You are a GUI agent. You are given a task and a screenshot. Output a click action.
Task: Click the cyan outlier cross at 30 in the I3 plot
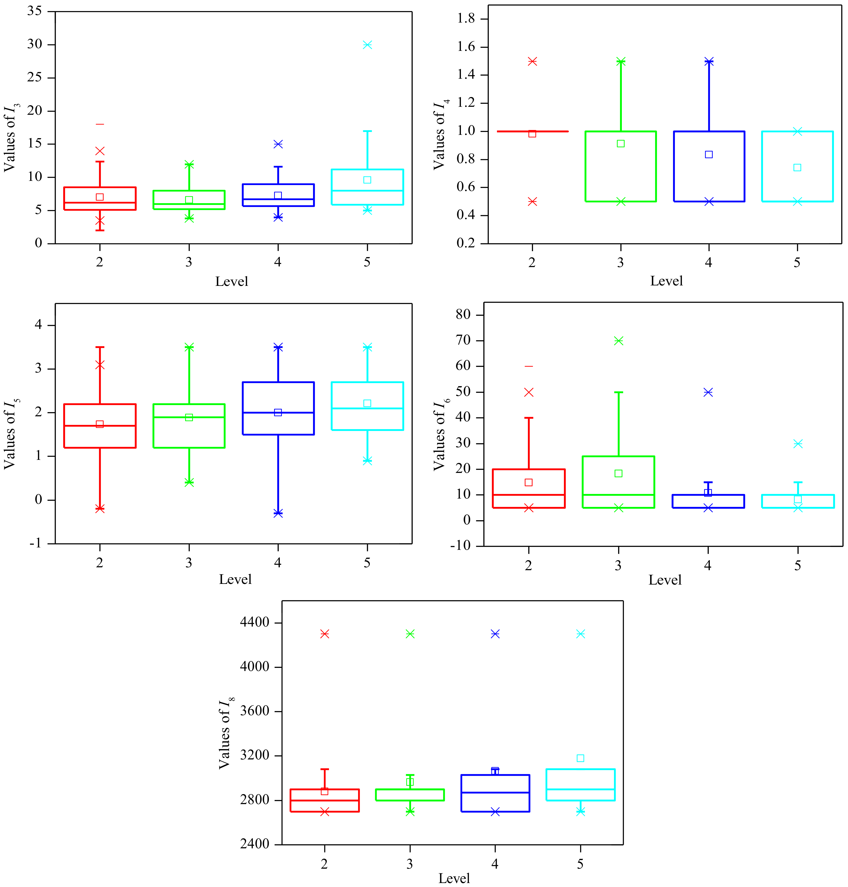click(x=367, y=45)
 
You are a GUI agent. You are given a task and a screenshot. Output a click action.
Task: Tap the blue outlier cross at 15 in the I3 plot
click(x=278, y=144)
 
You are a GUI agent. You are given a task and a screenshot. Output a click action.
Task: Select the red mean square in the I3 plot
click(x=100, y=197)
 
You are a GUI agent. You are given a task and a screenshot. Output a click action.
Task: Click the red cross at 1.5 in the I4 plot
click(x=533, y=61)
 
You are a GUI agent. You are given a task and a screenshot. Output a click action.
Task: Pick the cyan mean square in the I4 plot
click(x=797, y=168)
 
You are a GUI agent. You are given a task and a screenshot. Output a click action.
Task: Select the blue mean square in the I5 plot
click(x=278, y=412)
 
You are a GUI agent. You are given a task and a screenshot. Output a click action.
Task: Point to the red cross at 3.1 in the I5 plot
click(x=100, y=365)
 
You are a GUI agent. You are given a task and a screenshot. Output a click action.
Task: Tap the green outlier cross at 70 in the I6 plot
click(x=619, y=341)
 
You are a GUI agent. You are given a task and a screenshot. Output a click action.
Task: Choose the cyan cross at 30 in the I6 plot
click(x=798, y=444)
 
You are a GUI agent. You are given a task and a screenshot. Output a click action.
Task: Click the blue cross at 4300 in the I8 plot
click(x=495, y=634)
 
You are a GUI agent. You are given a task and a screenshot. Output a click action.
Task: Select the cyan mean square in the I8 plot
click(x=580, y=758)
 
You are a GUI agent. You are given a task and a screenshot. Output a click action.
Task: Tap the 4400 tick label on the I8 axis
click(x=254, y=623)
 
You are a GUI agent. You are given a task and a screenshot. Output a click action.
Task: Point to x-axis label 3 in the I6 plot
click(x=618, y=566)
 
